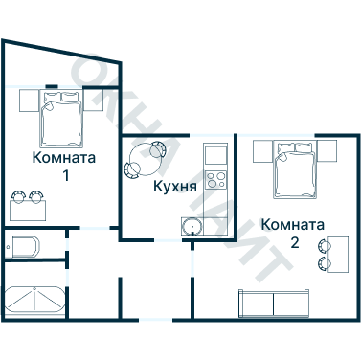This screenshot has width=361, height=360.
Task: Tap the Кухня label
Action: (175, 185)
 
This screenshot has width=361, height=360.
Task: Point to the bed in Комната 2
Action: (295, 168)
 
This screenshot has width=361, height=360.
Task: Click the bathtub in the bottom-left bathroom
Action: (34, 302)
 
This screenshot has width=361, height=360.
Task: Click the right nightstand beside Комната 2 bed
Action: (328, 150)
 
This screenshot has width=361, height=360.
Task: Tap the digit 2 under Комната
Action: (295, 242)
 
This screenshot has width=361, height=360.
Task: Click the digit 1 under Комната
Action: (65, 175)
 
